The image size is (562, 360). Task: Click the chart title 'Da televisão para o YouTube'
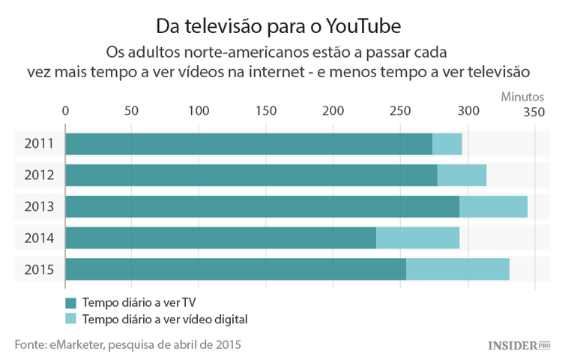[279, 25]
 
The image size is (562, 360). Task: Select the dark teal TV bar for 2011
[249, 143]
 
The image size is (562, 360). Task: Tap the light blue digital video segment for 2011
[447, 143]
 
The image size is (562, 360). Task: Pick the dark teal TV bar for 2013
[262, 206]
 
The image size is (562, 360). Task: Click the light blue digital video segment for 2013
[493, 206]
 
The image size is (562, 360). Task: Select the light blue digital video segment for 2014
[417, 238]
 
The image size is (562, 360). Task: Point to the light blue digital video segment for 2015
[457, 269]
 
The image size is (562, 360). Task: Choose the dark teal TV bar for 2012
[251, 175]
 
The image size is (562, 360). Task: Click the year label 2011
[38, 143]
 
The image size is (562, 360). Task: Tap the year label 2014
[38, 238]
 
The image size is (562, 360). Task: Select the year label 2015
[38, 269]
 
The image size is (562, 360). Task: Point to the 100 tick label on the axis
[199, 111]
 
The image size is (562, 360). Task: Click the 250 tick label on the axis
[401, 111]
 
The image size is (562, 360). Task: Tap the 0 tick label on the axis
[66, 111]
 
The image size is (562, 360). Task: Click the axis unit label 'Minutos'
[522, 96]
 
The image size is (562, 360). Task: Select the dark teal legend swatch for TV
[71, 303]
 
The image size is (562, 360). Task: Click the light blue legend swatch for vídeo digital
[71, 319]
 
